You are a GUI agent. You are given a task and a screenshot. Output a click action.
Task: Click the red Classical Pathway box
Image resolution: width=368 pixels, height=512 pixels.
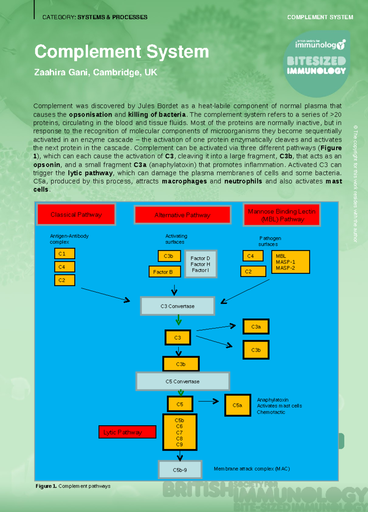[76, 215]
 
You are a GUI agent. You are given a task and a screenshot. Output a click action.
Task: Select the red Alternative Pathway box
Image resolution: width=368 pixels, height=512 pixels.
[182, 215]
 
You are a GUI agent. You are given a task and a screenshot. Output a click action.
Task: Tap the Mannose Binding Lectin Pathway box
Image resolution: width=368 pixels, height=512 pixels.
[282, 215]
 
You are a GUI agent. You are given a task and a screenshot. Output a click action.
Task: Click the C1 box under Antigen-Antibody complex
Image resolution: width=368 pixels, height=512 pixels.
[65, 254]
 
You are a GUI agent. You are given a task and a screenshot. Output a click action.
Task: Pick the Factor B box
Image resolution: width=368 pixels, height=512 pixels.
[165, 272]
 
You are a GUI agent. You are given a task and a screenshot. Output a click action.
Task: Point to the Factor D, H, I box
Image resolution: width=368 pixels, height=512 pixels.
[201, 264]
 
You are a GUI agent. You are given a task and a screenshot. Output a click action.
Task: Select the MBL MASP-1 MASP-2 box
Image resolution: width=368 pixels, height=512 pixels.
[290, 262]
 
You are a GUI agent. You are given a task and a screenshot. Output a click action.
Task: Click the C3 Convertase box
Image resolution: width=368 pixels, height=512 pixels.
[178, 306]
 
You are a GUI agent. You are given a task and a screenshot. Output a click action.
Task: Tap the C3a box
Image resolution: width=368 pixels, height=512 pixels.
[256, 327]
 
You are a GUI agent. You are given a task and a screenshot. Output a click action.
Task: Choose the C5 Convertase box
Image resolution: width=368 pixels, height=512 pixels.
[183, 382]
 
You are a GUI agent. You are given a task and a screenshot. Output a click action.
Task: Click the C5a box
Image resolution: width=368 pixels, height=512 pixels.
[238, 405]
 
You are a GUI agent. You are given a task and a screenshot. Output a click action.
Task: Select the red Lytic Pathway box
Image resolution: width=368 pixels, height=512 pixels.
[127, 432]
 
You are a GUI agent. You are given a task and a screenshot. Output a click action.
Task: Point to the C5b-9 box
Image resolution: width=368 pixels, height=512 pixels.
[180, 470]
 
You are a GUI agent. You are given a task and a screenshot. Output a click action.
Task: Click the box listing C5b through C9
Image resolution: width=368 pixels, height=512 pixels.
[180, 432]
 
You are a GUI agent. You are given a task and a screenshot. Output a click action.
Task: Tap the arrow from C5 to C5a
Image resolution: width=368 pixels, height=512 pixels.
[209, 401]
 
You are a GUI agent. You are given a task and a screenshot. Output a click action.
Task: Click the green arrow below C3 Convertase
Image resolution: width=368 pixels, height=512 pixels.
[178, 321]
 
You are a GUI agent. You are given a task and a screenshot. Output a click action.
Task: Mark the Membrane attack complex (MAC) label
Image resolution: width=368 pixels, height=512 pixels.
[252, 469]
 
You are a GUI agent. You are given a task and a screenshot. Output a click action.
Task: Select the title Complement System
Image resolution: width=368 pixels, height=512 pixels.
[122, 52]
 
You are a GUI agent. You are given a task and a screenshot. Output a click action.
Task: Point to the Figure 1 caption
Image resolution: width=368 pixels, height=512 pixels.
[73, 486]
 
